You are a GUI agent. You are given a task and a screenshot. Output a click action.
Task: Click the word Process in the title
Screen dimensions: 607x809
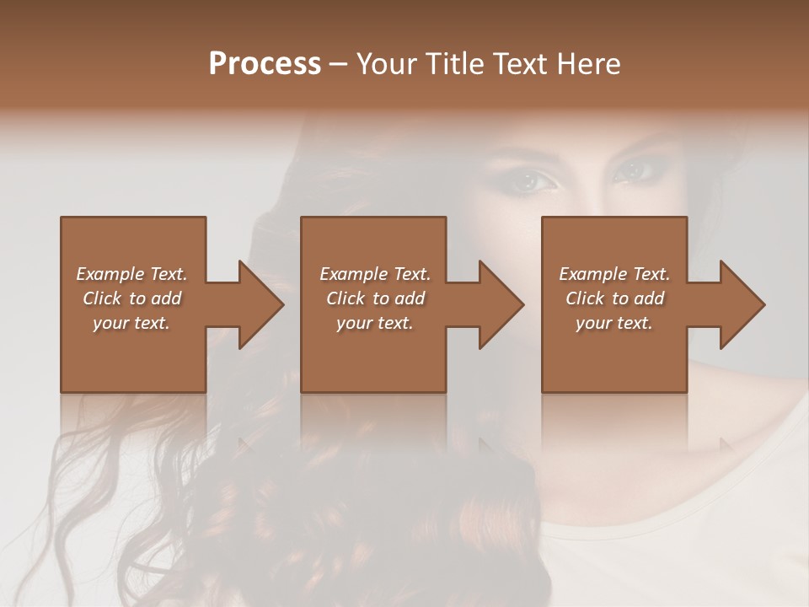(265, 64)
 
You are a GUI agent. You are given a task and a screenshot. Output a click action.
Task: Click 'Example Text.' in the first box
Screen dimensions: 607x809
(131, 274)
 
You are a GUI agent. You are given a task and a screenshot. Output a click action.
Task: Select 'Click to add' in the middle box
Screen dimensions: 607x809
(375, 298)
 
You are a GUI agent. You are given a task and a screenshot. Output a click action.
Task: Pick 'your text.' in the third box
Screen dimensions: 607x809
(614, 323)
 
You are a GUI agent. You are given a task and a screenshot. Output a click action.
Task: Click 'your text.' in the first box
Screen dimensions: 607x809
(131, 323)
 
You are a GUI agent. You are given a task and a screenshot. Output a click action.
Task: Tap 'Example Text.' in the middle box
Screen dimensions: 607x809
(375, 274)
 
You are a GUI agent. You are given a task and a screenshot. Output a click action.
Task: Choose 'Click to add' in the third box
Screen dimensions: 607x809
(614, 298)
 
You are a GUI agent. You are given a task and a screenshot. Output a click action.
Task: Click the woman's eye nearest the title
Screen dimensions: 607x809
(533, 179)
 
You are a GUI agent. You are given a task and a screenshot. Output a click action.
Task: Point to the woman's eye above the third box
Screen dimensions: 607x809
(635, 170)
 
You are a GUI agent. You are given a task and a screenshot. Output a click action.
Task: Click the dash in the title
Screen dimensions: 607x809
(338, 65)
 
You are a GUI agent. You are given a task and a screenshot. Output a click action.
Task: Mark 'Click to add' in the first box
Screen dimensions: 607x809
(131, 298)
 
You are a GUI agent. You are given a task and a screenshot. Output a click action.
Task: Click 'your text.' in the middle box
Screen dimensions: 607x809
(375, 323)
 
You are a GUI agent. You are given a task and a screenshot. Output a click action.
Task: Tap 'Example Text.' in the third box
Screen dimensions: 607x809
(614, 274)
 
